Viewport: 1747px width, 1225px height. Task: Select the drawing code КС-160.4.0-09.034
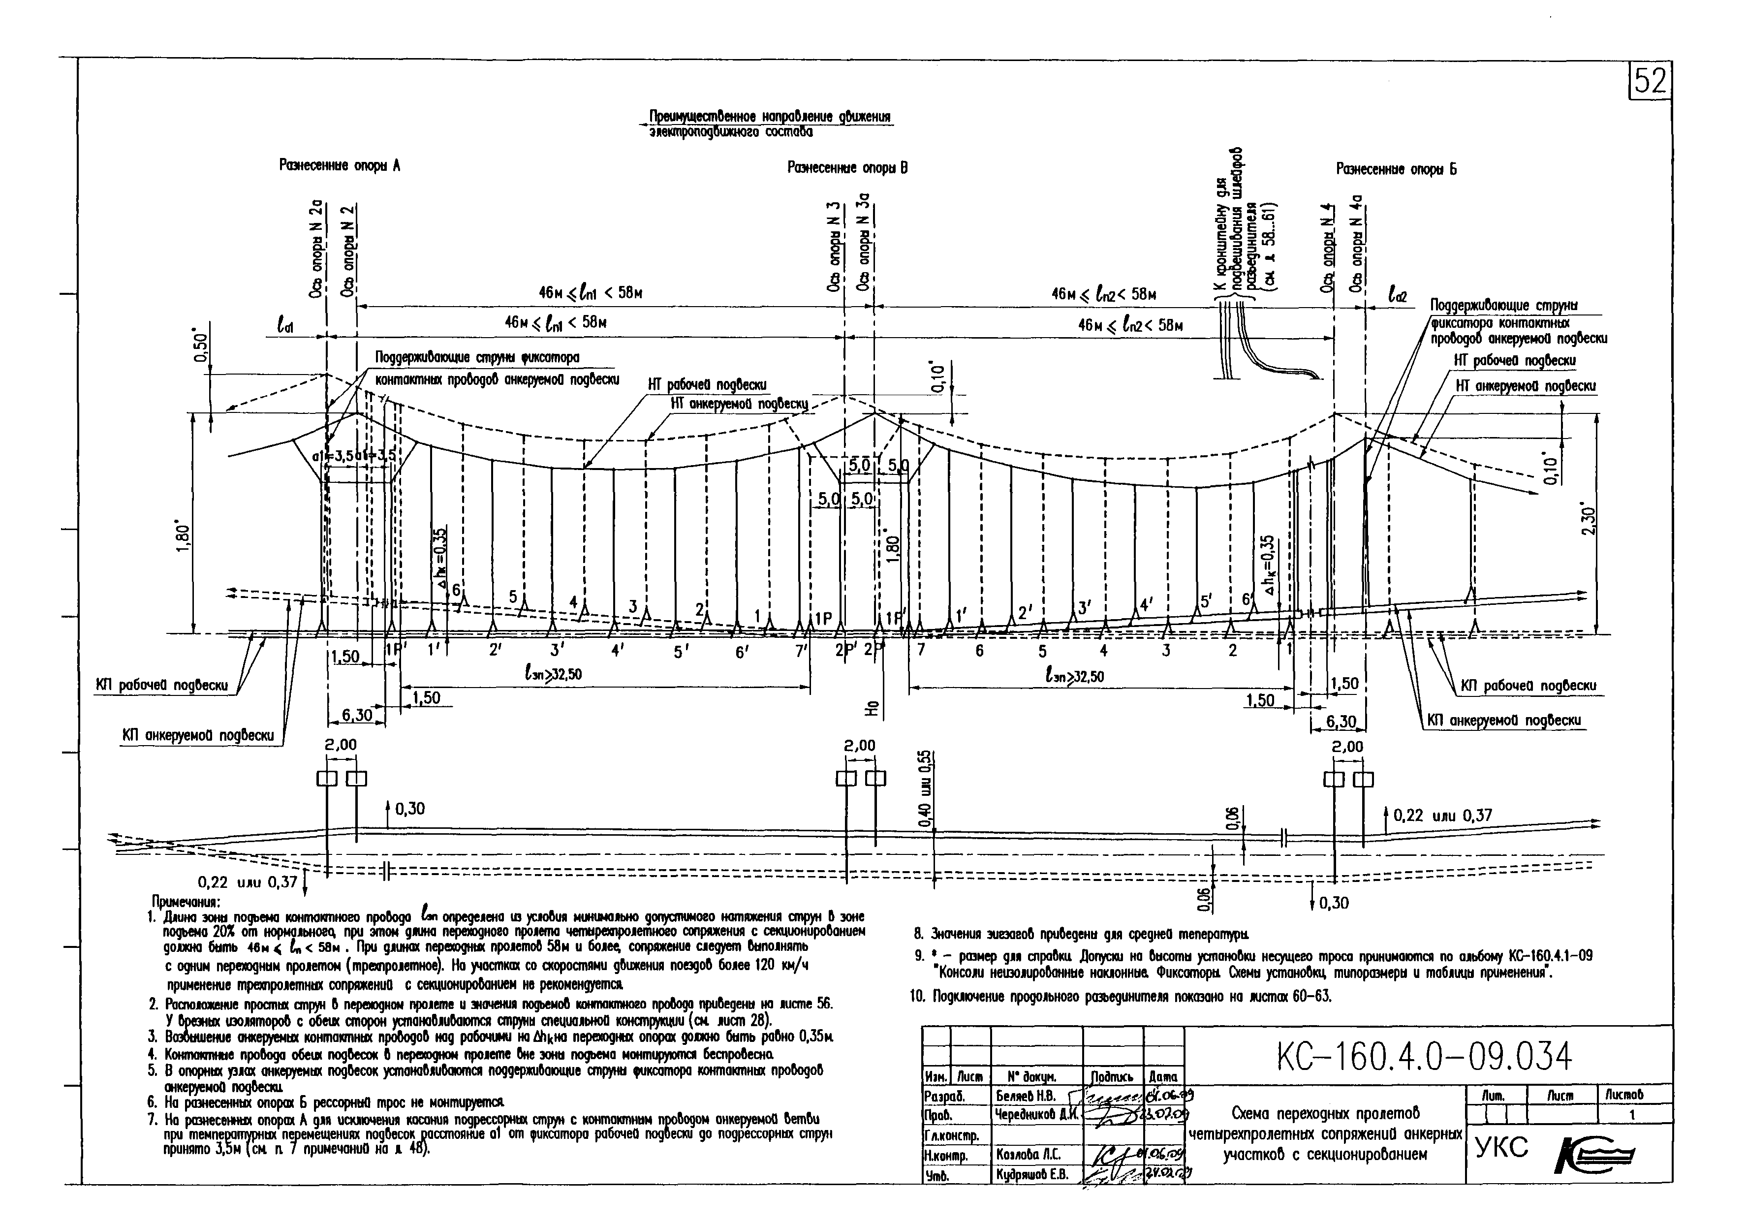click(1424, 1056)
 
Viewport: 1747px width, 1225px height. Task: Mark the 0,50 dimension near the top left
click(201, 348)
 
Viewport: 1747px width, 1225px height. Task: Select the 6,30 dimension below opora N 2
click(357, 715)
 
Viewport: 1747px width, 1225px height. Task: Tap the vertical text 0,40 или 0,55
click(924, 789)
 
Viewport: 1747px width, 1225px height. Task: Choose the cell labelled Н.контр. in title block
click(944, 1156)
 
